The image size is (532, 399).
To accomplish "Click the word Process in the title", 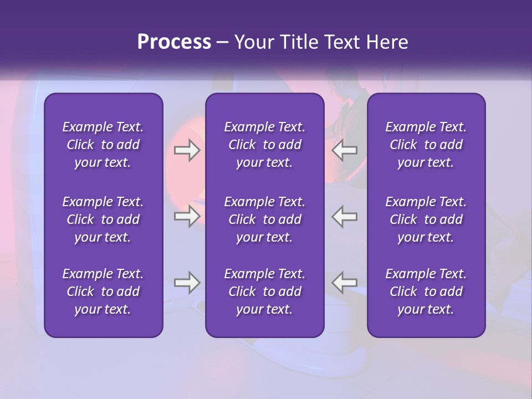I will (174, 42).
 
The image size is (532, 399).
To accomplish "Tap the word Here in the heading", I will (387, 42).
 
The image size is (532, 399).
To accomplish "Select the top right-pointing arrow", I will (187, 150).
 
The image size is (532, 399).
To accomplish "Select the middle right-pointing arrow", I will (187, 216).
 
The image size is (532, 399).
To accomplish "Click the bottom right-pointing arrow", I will (187, 283).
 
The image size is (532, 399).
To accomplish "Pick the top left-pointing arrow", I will (345, 150).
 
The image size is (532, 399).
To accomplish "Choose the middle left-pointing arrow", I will (345, 216).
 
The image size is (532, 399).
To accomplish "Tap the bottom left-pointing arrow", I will (345, 283).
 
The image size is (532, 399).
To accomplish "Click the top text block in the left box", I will (103, 145).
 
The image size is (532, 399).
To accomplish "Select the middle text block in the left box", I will (103, 219).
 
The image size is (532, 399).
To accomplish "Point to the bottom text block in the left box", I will (103, 291).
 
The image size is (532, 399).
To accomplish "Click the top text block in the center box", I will (265, 145).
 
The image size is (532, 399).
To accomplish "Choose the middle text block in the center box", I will (265, 219).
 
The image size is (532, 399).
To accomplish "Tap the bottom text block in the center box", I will (265, 291).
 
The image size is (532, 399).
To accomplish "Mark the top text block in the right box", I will (426, 145).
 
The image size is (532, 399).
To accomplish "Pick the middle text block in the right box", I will (426, 219).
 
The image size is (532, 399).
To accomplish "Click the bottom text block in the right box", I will (426, 291).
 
